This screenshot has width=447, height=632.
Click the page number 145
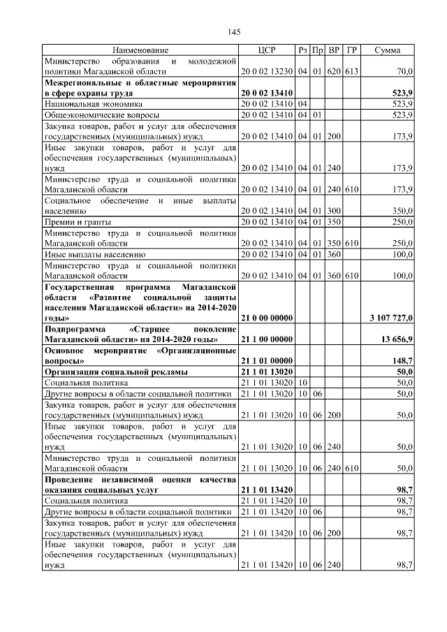point(234,32)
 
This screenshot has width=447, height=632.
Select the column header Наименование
point(140,50)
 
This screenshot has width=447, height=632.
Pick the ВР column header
point(334,50)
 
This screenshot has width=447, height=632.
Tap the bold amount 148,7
point(403,360)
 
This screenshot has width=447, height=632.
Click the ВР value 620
point(334,71)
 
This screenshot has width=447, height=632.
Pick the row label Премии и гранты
point(75,221)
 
